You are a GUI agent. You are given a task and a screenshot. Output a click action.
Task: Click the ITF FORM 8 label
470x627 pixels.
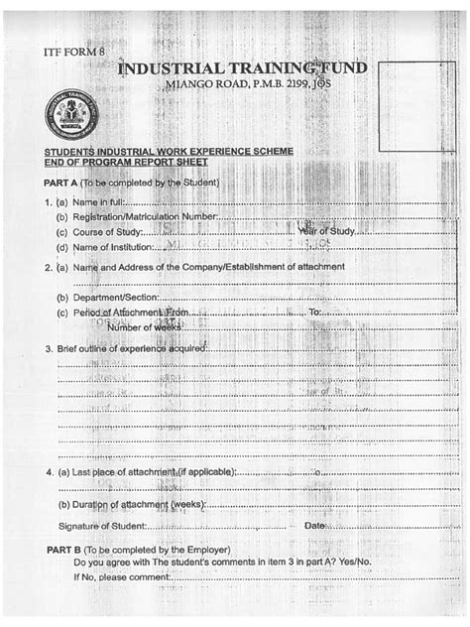pyautogui.click(x=74, y=50)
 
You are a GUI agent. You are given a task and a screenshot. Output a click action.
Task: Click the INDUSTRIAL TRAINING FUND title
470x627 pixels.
pyautogui.click(x=242, y=68)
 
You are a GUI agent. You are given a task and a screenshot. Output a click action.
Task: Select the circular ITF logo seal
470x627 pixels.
pyautogui.click(x=67, y=117)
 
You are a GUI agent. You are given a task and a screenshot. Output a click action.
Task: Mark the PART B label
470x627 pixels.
pyautogui.click(x=63, y=549)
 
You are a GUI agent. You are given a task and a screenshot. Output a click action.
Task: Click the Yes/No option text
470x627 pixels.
pyautogui.click(x=352, y=563)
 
